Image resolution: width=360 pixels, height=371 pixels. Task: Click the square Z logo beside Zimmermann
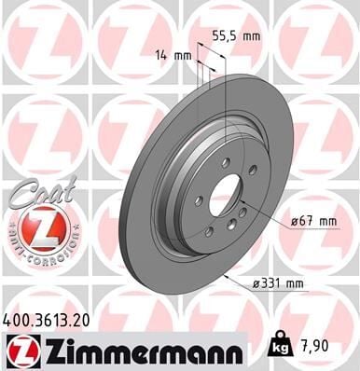pos(20,350)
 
